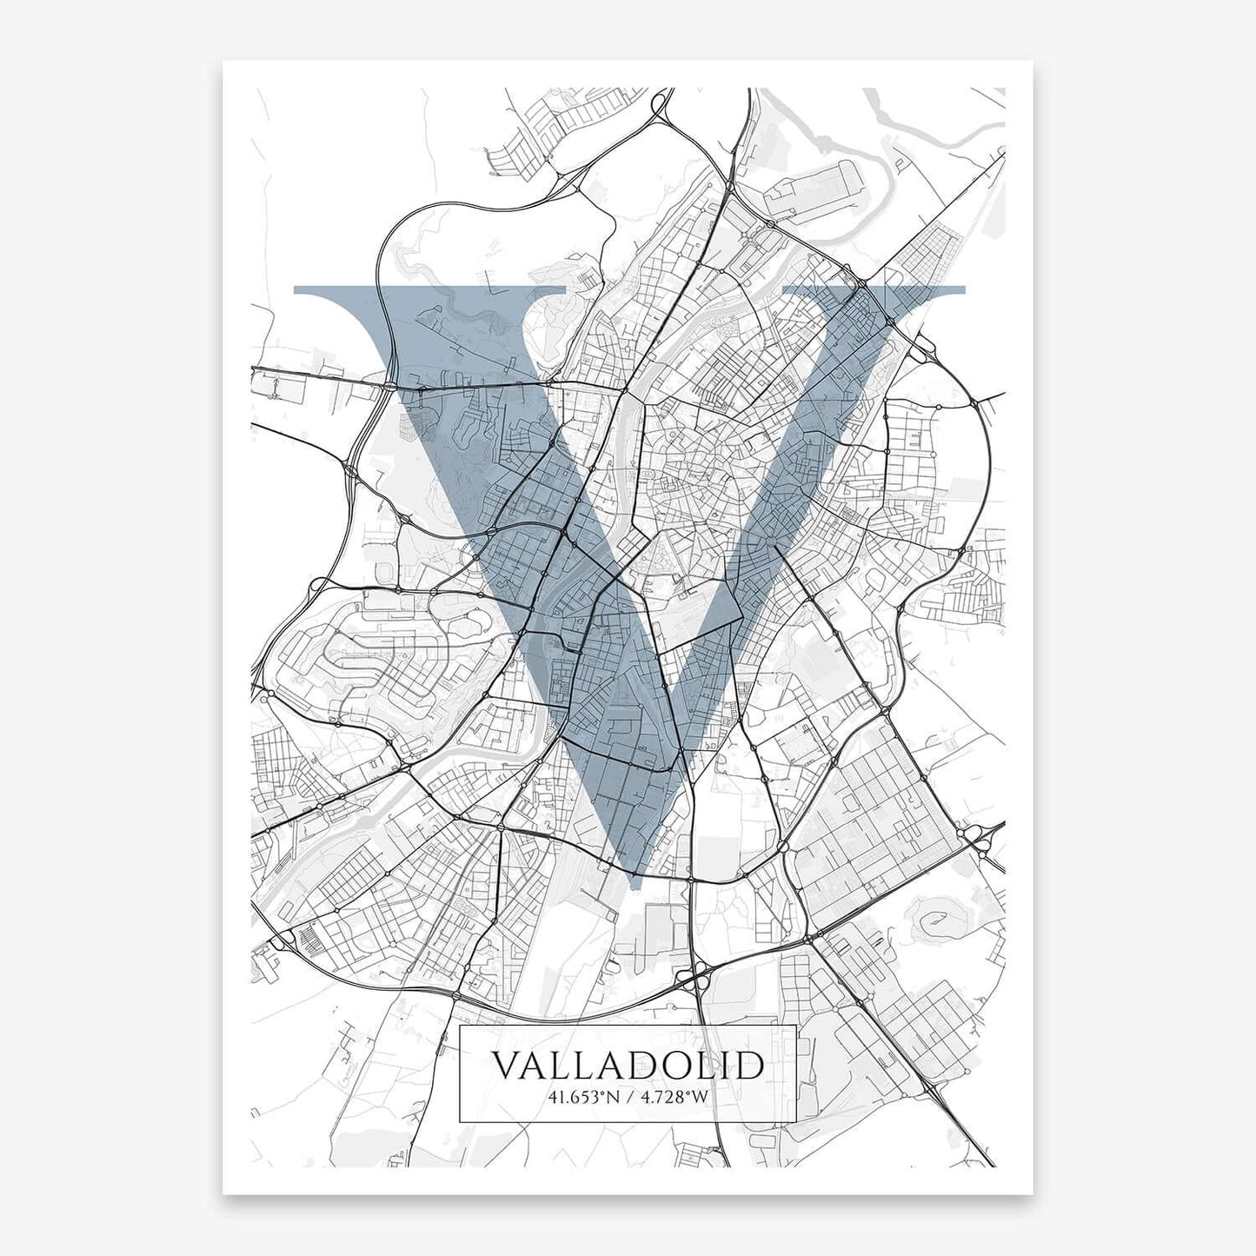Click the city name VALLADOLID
click(x=628, y=1066)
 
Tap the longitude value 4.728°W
click(x=675, y=1097)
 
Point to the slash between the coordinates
click(x=628, y=1097)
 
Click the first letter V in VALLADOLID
click(x=507, y=1066)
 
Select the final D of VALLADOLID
click(x=749, y=1066)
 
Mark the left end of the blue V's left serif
click(x=297, y=290)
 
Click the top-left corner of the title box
click(x=459, y=1027)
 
